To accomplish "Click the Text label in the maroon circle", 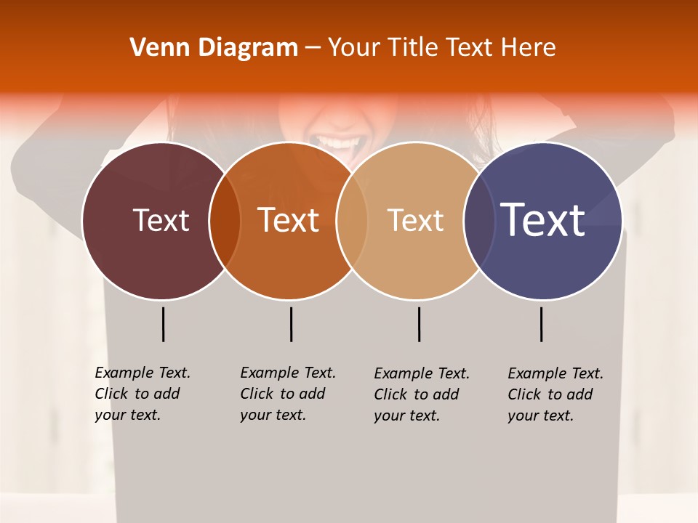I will tap(161, 220).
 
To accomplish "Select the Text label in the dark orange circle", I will tap(289, 220).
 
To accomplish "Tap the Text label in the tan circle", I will tap(415, 221).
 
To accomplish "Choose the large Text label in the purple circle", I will tap(543, 219).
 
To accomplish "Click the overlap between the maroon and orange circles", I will tap(225, 221).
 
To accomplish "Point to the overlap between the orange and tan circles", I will tap(352, 221).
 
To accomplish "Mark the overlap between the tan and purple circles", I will tap(478, 221).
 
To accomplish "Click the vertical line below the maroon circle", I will tap(163, 324).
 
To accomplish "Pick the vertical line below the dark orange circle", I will tap(291, 324).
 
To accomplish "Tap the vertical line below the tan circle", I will tap(419, 324).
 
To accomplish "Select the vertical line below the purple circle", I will tap(541, 324).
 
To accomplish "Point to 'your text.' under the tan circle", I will tap(406, 415).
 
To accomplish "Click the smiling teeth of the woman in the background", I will tap(334, 139).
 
